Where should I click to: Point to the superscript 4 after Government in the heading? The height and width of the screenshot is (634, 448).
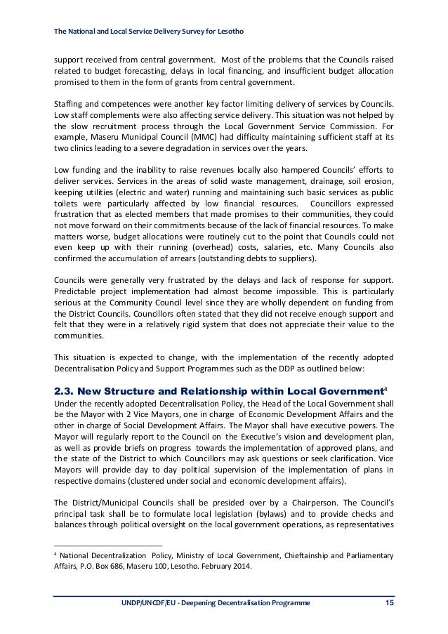[386, 368]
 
